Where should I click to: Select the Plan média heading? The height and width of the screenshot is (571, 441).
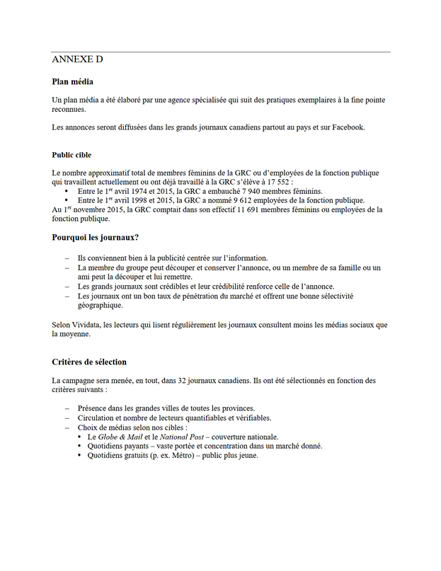pyautogui.click(x=73, y=82)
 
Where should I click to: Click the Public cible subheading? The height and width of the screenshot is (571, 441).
pyautogui.click(x=71, y=155)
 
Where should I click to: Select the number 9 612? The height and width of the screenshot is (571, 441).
pyautogui.click(x=248, y=200)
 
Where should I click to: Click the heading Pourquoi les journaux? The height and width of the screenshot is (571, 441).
pyautogui.click(x=95, y=237)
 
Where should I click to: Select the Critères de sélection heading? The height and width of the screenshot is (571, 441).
pyautogui.click(x=89, y=362)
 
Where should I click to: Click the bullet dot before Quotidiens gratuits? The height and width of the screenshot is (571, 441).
pyautogui.click(x=81, y=455)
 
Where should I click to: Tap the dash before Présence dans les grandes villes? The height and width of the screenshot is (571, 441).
pyautogui.click(x=68, y=408)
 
